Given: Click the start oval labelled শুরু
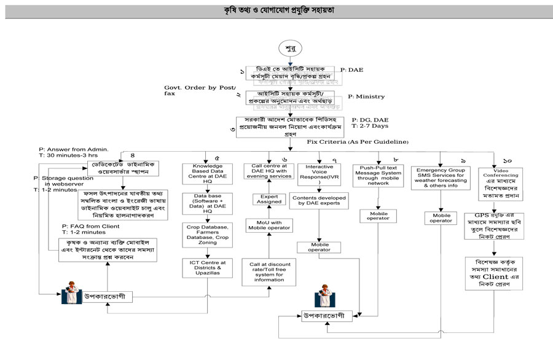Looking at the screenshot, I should (289, 48).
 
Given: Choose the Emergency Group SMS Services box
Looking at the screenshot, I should (439, 177).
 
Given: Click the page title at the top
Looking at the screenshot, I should (276, 12).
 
